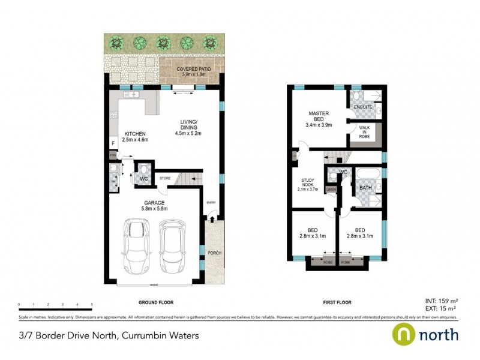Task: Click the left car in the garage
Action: pos(135,246)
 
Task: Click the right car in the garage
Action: pos(173,246)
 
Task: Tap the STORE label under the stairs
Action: pos(165,178)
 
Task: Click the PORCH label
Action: pos(214,253)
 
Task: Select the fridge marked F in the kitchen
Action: pos(113,143)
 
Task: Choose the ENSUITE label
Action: pos(364,107)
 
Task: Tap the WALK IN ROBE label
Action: pos(364,132)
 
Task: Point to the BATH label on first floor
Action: pos(365,188)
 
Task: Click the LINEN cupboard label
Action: pos(331,190)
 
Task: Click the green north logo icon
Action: pos(403,334)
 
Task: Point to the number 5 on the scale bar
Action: pos(91,305)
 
